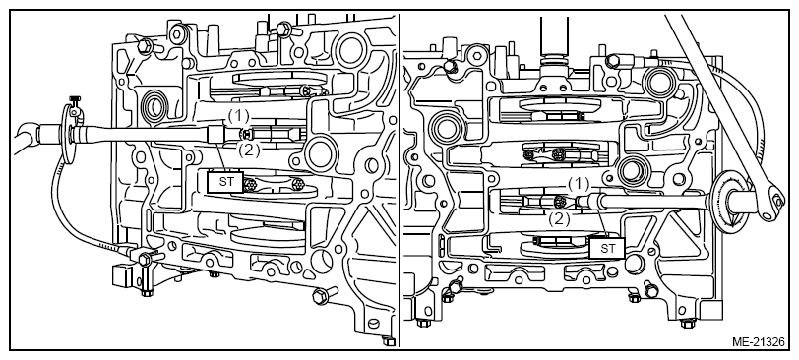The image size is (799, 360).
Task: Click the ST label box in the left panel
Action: pyautogui.click(x=225, y=181)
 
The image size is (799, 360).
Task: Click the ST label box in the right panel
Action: pyautogui.click(x=607, y=248)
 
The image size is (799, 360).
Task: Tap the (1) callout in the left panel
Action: pyautogui.click(x=237, y=117)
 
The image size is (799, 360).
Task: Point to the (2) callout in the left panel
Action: pyautogui.click(x=249, y=150)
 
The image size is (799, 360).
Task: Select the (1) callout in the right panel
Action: pyautogui.click(x=579, y=184)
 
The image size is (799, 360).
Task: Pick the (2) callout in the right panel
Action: pyautogui.click(x=559, y=219)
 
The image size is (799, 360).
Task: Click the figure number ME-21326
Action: pyautogui.click(x=759, y=341)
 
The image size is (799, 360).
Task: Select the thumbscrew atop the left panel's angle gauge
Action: pyautogui.click(x=76, y=101)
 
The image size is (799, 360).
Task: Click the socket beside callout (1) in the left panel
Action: pyautogui.click(x=215, y=135)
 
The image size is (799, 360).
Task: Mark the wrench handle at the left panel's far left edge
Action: pyautogui.click(x=25, y=137)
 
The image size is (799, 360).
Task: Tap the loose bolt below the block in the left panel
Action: pyautogui.click(x=326, y=295)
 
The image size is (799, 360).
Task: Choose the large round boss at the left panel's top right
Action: pyautogui.click(x=349, y=49)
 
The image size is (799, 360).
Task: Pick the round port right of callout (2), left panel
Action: pyautogui.click(x=320, y=153)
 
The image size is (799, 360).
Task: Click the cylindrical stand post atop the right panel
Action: pyautogui.click(x=554, y=38)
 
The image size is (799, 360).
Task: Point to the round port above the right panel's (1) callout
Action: pyautogui.click(x=632, y=171)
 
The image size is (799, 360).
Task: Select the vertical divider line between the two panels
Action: pyautogui.click(x=399, y=181)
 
